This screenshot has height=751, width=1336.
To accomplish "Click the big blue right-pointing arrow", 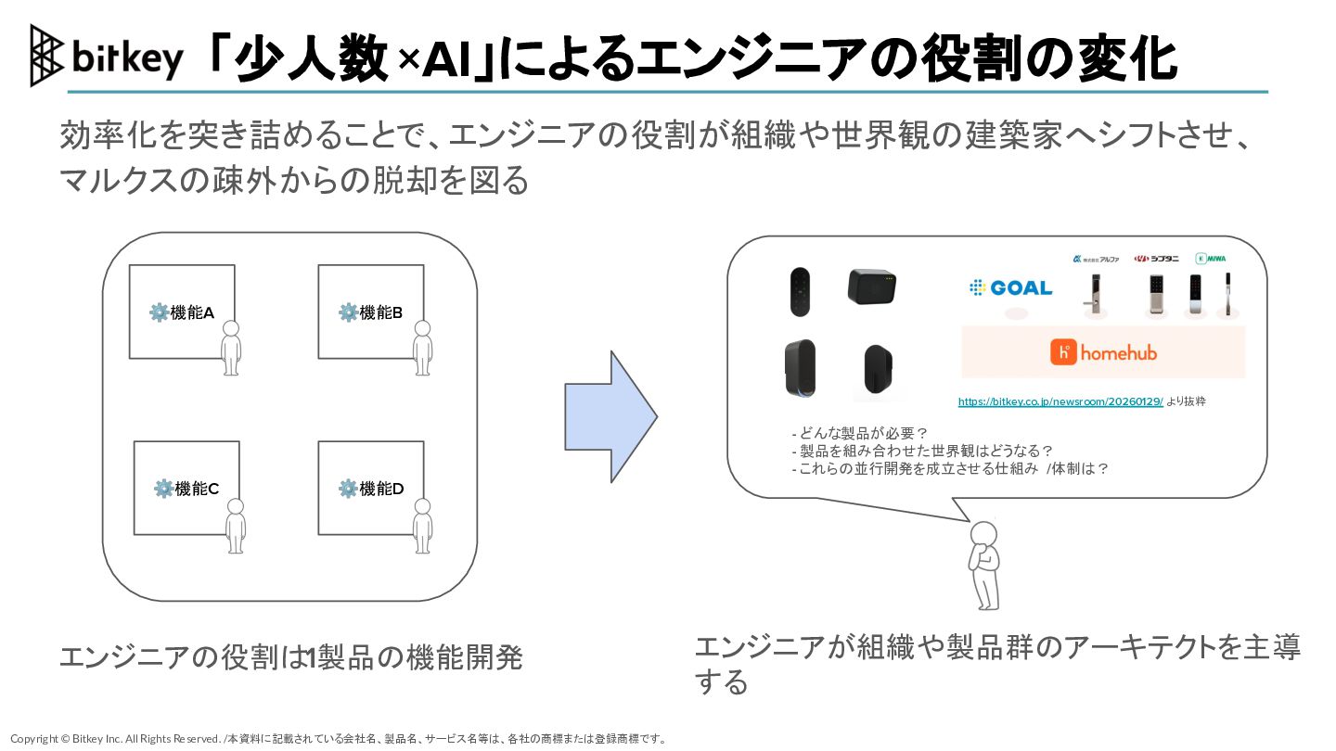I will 610,416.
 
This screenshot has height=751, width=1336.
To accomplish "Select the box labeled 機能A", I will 181,312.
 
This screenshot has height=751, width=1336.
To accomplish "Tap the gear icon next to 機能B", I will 348,312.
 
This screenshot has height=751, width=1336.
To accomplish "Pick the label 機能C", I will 197,489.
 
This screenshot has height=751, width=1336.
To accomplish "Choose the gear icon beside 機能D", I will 348,489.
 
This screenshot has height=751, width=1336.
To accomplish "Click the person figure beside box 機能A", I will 231,347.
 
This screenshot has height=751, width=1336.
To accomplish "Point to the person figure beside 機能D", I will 422,526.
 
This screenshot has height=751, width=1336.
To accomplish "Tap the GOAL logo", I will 1010,288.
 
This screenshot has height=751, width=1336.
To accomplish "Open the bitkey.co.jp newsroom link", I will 1060,402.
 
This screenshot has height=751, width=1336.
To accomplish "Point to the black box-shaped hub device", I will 872,286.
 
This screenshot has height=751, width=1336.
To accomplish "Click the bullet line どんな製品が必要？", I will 860,433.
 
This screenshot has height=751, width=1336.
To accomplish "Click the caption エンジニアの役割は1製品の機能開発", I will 290,657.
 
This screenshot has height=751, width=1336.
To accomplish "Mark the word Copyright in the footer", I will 33,739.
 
